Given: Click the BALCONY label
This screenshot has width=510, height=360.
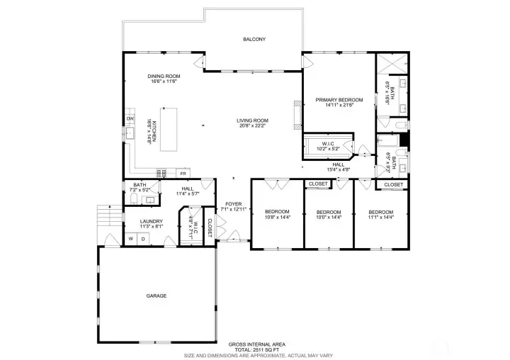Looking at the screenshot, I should click(254, 40).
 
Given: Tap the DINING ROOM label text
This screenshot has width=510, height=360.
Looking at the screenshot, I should click(164, 76).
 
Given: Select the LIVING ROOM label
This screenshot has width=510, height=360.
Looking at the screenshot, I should click(252, 120).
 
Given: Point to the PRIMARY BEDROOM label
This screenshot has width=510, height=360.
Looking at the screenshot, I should click(339, 100).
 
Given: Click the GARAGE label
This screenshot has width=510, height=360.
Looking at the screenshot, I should click(157, 296).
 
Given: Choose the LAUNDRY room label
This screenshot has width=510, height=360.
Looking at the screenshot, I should click(151, 220).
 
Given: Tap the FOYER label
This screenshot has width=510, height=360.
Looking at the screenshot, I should click(233, 203).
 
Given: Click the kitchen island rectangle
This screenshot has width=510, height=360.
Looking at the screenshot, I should click(169, 129).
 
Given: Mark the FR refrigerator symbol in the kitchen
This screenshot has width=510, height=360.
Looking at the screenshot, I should click(182, 174).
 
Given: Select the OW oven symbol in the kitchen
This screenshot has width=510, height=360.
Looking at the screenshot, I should click(130, 118).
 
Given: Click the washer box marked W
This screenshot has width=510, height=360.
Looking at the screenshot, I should click(130, 239).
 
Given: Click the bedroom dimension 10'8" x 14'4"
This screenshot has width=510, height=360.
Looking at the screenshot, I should click(277, 217).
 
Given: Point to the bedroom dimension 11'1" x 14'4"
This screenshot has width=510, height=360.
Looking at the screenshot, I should click(380, 217).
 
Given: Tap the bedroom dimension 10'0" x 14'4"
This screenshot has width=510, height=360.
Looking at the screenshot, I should click(329, 217).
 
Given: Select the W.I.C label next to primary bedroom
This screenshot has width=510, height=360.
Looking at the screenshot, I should click(328, 144).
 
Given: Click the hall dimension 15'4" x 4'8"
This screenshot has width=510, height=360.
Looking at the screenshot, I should click(339, 169).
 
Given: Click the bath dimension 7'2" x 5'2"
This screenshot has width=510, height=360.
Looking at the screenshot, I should click(140, 190).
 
